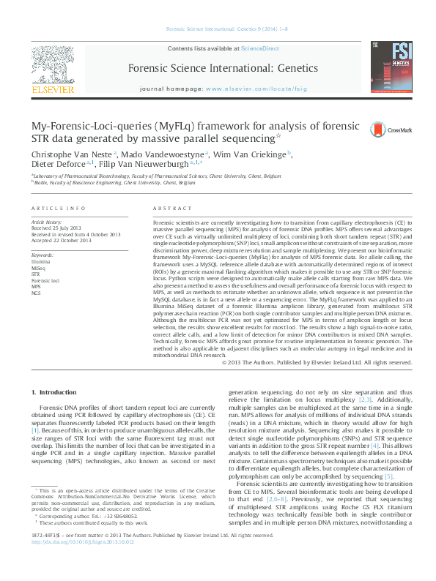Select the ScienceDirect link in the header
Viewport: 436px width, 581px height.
(x=260, y=48)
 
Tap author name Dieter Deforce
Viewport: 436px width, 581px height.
(x=57, y=165)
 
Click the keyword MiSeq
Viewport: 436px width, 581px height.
(x=40, y=266)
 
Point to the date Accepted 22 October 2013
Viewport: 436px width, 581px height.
(x=61, y=240)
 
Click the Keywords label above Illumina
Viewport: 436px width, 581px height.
(x=42, y=254)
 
